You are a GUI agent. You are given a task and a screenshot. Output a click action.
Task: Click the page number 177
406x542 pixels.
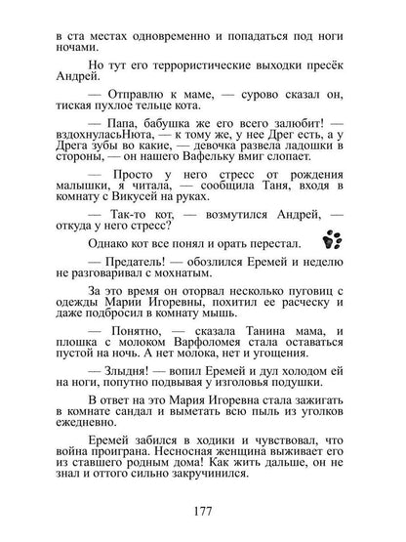tap(203, 512)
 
